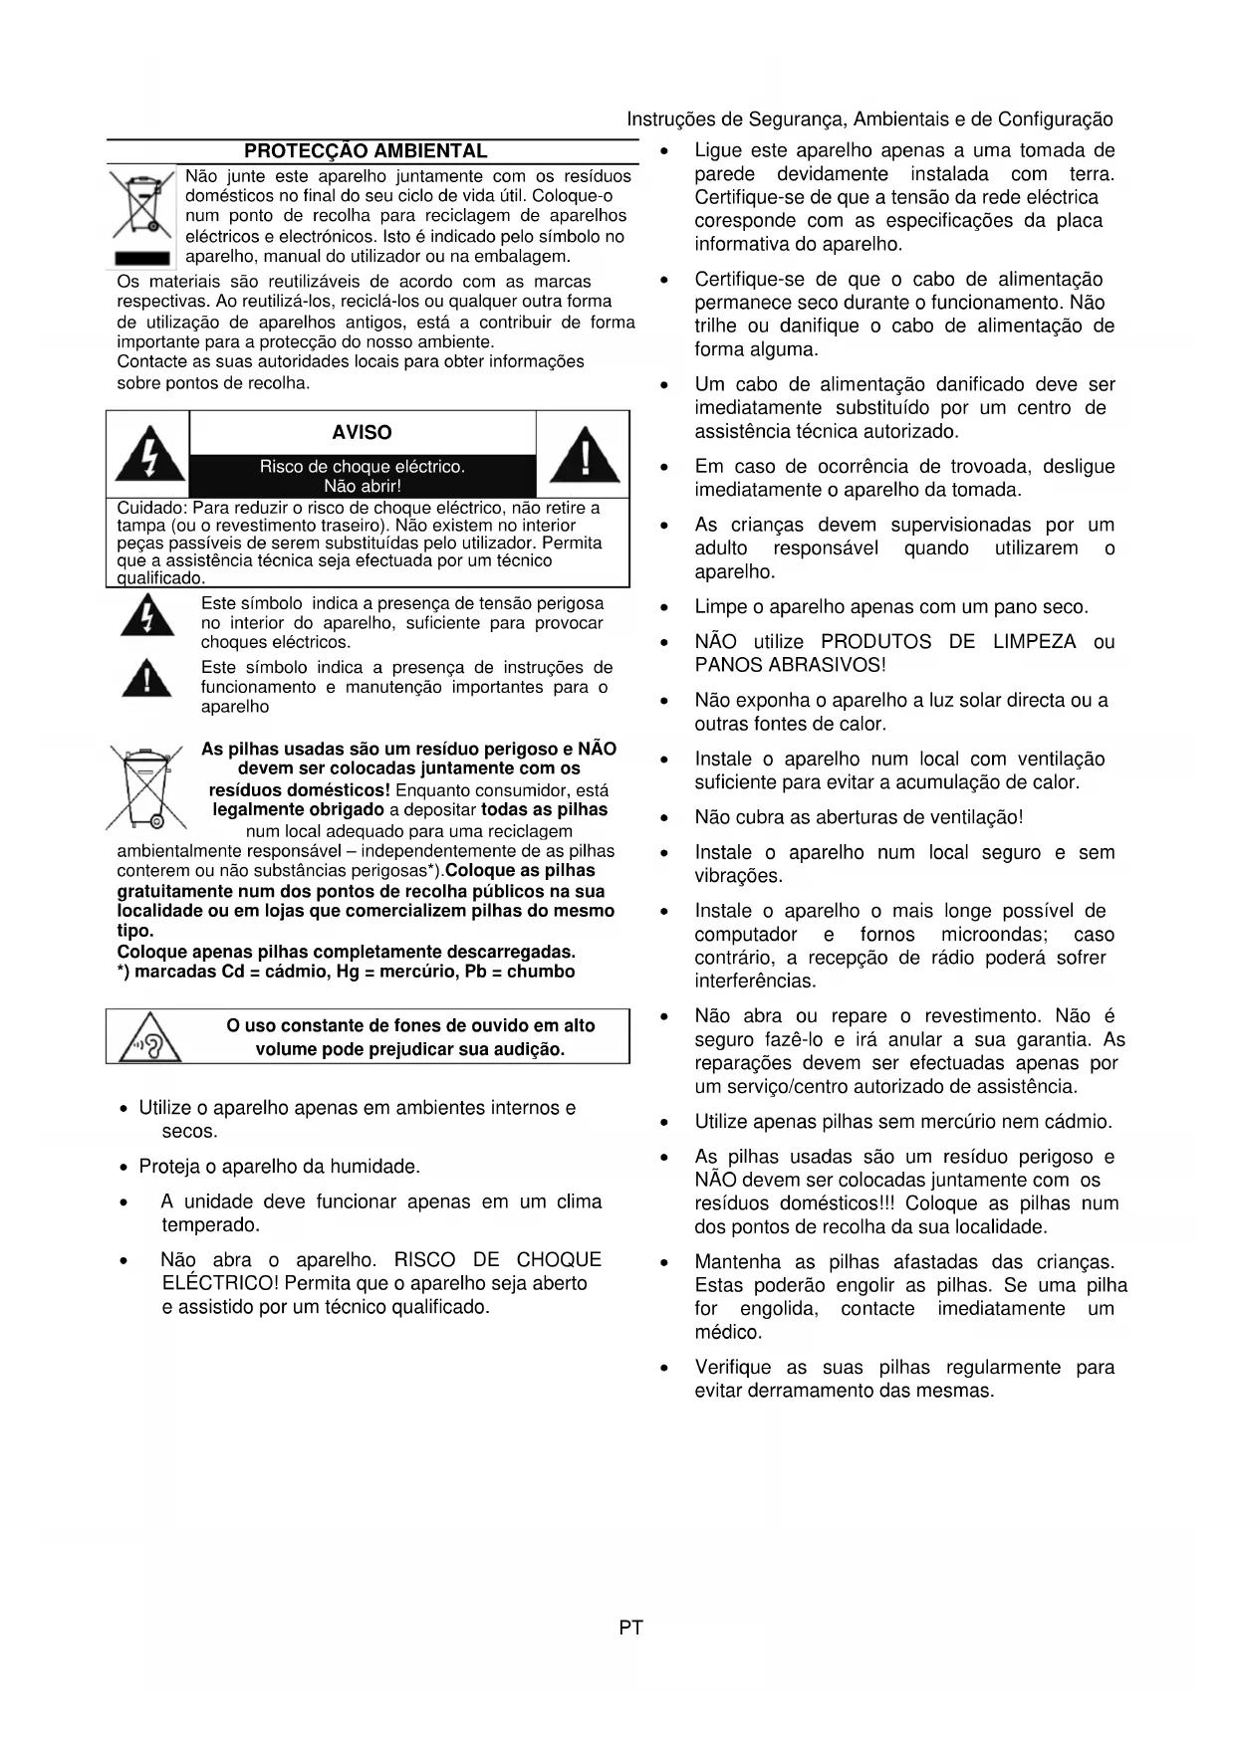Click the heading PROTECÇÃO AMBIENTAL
point(366,151)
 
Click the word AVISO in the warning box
point(362,432)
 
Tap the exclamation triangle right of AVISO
point(585,454)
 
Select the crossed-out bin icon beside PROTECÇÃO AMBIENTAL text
point(140,207)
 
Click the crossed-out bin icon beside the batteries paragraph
point(146,787)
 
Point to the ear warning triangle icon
point(150,1036)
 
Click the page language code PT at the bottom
point(630,1628)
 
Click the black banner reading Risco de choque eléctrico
point(362,476)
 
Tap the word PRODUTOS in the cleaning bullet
point(876,642)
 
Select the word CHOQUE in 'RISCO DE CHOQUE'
point(559,1260)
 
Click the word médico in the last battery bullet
point(727,1332)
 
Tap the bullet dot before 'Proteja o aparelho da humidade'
point(124,1167)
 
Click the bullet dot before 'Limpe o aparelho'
point(664,608)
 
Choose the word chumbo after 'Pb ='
point(541,972)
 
